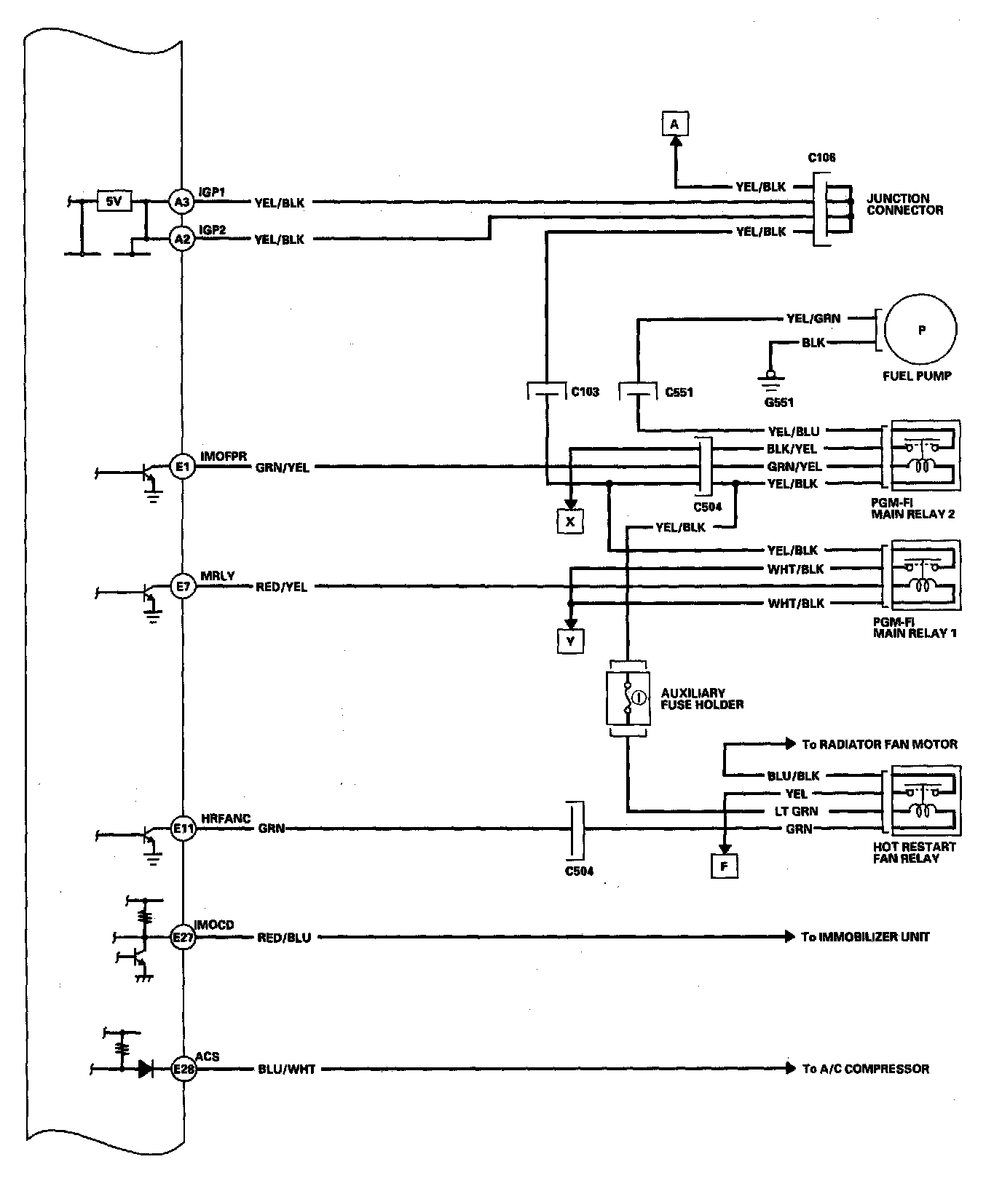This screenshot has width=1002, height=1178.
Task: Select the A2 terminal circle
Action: [181, 238]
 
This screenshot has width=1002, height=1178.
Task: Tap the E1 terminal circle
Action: [182, 466]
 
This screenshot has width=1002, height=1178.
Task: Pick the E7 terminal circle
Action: [182, 586]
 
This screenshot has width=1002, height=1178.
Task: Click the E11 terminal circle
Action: [182, 828]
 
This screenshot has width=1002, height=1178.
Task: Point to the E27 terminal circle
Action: [182, 937]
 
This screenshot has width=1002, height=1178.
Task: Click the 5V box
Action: [114, 201]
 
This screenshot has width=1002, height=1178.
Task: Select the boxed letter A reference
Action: [674, 124]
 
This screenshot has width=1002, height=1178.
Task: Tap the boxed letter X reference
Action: [570, 521]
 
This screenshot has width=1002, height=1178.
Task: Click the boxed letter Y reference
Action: [570, 641]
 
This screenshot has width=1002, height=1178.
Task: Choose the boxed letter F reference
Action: [724, 866]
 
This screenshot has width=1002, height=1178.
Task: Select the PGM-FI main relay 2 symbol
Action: [920, 457]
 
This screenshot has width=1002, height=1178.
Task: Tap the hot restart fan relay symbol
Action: [920, 802]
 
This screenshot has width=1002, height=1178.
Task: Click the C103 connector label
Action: [585, 392]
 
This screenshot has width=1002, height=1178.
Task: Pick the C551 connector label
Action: [679, 392]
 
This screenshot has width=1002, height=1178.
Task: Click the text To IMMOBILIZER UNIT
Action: [865, 937]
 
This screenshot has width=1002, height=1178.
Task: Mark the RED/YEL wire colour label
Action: [281, 587]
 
